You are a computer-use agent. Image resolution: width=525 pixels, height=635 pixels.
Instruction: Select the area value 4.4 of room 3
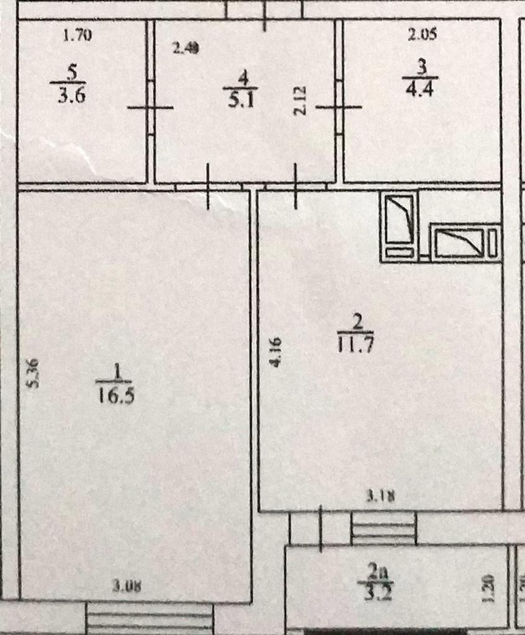[x=420, y=87]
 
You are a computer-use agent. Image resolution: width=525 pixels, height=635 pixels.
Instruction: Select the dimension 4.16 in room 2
[x=277, y=352]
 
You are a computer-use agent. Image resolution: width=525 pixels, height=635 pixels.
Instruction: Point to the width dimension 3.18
[x=380, y=495]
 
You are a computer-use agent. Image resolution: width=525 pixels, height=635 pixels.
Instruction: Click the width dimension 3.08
[x=127, y=585]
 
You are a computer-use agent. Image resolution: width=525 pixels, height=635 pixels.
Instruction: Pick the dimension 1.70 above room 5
[x=78, y=35]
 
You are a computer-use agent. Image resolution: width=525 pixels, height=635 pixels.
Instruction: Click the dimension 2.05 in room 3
[x=423, y=35]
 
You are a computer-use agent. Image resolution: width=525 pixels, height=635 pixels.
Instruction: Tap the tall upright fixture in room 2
[x=400, y=227]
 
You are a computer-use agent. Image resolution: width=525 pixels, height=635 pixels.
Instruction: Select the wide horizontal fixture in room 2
[x=466, y=242]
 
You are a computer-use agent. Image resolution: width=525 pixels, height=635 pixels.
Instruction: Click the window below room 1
[x=149, y=618]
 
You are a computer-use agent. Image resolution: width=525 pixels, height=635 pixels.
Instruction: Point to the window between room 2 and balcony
[x=383, y=529]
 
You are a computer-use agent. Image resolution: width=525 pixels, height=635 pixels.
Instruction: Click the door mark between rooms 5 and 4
[x=150, y=107]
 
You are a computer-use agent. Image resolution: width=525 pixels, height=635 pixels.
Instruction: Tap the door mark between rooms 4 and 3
[x=339, y=107]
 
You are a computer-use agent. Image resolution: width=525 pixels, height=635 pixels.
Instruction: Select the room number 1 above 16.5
[x=115, y=371]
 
